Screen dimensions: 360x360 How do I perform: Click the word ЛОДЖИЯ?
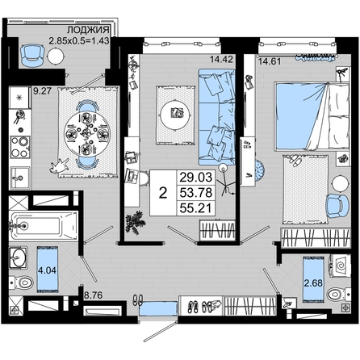88,30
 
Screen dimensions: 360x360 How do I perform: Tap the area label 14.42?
221,59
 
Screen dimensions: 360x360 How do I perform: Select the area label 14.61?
270,61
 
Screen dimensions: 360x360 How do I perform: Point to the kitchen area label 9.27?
42,90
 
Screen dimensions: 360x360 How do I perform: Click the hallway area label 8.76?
93,295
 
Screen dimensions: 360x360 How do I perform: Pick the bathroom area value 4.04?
47,270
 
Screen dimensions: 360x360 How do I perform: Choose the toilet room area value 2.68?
313,283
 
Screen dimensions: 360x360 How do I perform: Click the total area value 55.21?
196,208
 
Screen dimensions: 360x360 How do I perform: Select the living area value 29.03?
196,178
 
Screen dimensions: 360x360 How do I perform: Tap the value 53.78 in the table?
196,193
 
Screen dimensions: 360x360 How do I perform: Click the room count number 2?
163,193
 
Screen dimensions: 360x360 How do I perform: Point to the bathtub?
44,226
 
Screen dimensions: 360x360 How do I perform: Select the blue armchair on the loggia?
32,56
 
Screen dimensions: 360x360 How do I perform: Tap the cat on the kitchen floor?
60,165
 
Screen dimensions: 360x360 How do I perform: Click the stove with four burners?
20,147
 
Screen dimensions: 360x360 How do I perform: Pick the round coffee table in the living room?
177,113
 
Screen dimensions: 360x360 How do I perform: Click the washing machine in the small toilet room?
341,265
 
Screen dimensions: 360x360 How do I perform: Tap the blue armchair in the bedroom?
337,206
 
